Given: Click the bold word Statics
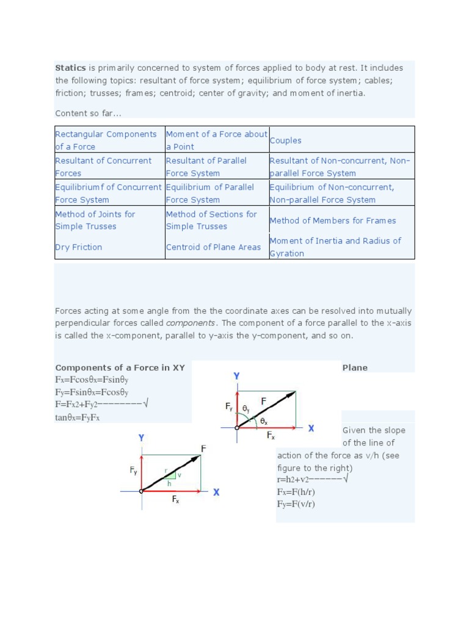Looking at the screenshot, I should click(70, 68).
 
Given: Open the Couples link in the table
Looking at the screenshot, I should click(285, 140).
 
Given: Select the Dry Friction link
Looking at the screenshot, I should click(78, 247).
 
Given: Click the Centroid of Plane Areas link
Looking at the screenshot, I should click(213, 247).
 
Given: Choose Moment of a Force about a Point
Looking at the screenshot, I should click(216, 140).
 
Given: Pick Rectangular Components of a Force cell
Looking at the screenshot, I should click(106, 140).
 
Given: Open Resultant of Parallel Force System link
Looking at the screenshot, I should click(206, 167).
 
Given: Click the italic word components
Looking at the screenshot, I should click(191, 323).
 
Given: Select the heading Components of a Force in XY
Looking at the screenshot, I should click(120, 367).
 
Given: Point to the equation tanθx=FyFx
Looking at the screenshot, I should click(77, 417).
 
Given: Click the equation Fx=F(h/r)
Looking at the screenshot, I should click(296, 492).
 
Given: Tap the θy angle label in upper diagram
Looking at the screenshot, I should click(246, 408).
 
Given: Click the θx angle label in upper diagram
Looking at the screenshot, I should click(264, 421).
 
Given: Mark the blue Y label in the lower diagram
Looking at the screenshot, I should click(141, 438).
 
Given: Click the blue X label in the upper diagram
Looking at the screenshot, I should click(311, 428).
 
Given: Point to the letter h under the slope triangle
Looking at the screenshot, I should click(169, 483).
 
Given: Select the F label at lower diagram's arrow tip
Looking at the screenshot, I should click(203, 449).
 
